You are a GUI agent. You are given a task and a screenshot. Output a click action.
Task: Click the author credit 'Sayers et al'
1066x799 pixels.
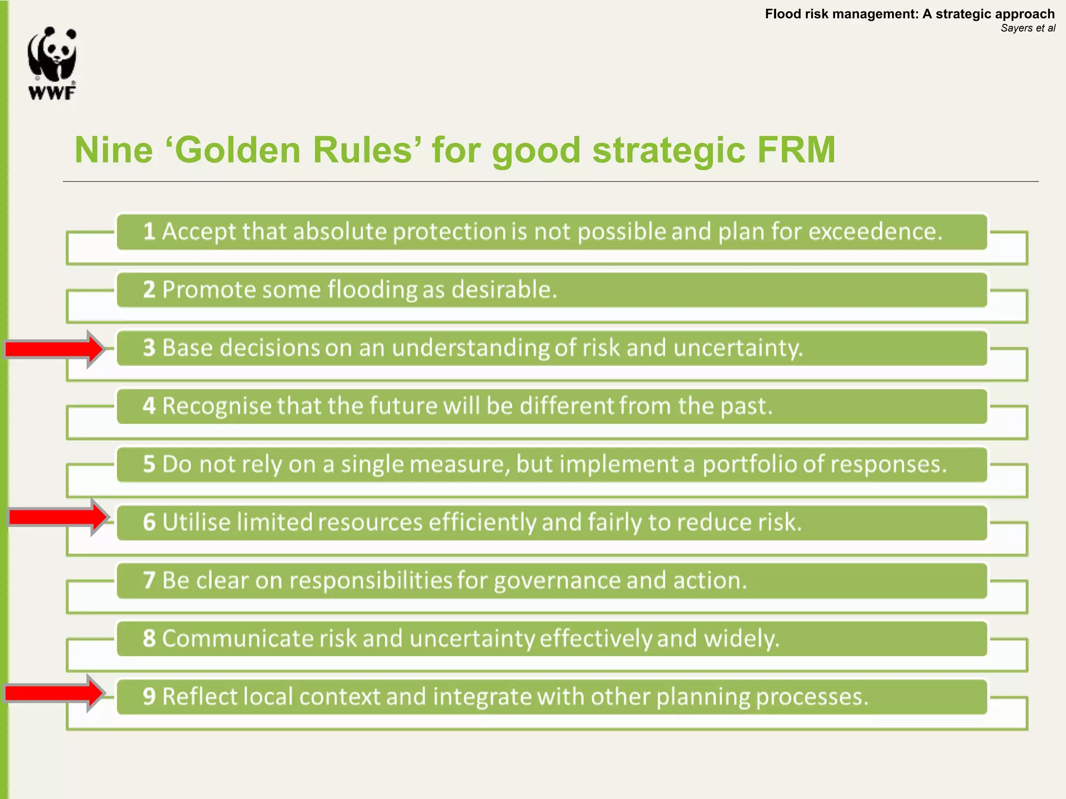pyautogui.click(x=1027, y=28)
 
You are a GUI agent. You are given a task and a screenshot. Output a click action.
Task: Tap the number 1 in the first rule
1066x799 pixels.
pyautogui.click(x=149, y=231)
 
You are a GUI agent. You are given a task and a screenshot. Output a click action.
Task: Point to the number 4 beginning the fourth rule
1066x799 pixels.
pyautogui.click(x=149, y=406)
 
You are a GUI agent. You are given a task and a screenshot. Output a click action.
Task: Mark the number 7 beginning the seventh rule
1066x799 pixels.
pyautogui.click(x=149, y=581)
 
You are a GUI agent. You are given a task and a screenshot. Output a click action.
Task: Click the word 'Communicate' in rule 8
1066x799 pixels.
pyautogui.click(x=237, y=639)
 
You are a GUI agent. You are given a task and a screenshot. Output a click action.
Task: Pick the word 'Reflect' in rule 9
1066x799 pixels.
pyautogui.click(x=200, y=697)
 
